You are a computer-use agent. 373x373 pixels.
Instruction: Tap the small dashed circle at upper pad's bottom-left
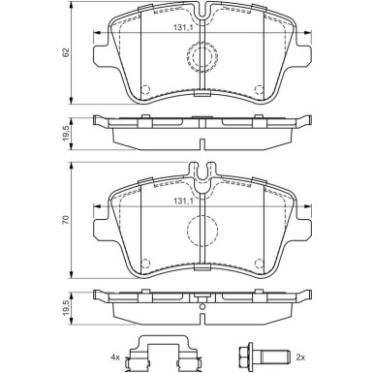[145, 91]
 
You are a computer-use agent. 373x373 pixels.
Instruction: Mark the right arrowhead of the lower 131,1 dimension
[310, 209]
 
